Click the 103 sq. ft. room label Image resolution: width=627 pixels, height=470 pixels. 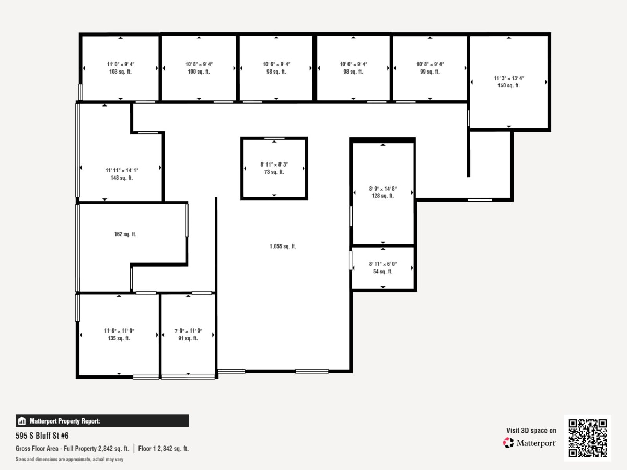120,72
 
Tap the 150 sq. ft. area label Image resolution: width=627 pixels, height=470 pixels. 509,85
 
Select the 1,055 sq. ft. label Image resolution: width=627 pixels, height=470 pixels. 283,246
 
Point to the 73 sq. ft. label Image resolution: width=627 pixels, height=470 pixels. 274,172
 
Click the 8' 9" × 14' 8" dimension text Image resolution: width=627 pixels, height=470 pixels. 383,189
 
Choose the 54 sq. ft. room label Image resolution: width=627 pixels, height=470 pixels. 383,272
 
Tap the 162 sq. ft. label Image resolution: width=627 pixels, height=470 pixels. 125,234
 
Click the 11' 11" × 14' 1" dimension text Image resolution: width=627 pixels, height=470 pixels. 121,170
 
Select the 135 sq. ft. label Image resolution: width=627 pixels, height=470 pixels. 119,338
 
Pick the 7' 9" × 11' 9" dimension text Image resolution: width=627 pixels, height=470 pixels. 188,331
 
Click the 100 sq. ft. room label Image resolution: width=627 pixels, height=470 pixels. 199,72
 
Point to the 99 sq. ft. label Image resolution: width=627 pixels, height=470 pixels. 430,72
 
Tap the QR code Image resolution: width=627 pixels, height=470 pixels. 587,438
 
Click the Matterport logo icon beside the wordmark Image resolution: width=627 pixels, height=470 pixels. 508,443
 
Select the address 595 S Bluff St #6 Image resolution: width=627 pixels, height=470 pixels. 42,436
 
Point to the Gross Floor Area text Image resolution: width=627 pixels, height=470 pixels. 73,449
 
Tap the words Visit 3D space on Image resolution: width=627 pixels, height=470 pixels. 531,431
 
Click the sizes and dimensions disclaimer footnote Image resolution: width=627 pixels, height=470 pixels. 70,460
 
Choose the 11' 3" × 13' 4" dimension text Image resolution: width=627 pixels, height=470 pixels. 509,78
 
